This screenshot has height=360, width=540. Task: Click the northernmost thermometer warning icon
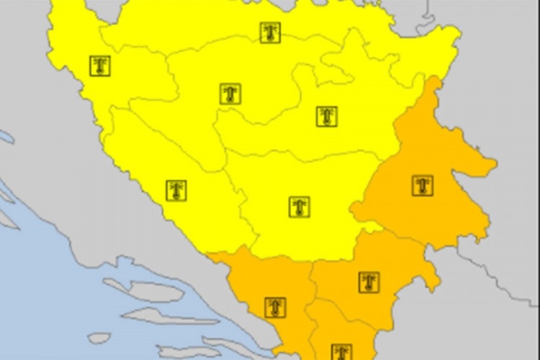[270, 32]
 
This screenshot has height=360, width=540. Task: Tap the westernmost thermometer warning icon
[100, 66]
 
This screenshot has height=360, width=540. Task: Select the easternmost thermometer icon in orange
[423, 185]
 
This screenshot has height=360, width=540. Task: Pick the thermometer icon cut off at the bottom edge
[341, 353]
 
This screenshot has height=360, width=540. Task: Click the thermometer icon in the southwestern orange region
[274, 307]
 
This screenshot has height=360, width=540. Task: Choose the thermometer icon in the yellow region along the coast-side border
[176, 190]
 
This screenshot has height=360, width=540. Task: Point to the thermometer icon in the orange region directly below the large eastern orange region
[369, 282]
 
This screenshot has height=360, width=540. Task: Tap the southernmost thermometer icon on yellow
[300, 207]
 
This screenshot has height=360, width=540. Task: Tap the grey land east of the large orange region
[511, 216]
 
